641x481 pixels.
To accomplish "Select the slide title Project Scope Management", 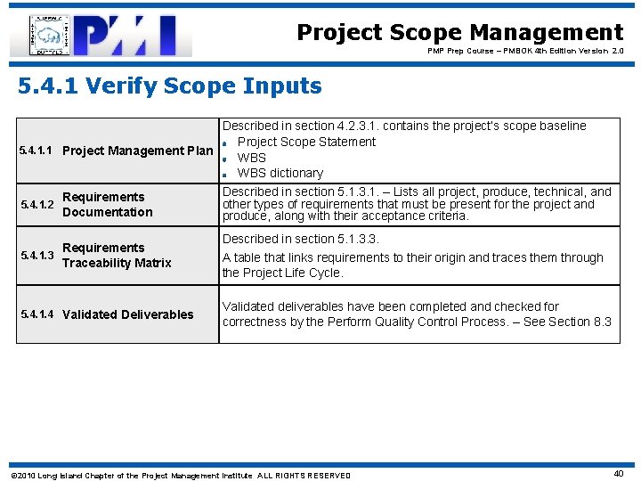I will point(459,33).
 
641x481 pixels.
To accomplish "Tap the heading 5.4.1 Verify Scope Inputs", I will point(170,86).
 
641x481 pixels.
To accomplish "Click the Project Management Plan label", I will point(138,151).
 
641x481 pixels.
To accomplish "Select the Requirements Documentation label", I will point(107,204).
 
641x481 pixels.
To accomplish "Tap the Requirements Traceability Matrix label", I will point(116,255).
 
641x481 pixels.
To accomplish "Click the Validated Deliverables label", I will point(127,314).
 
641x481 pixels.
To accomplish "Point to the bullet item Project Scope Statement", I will point(306,142).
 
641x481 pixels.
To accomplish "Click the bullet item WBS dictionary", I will point(280,173).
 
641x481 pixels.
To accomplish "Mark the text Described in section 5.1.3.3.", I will point(300,239).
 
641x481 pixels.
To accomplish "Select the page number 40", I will point(618,474).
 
